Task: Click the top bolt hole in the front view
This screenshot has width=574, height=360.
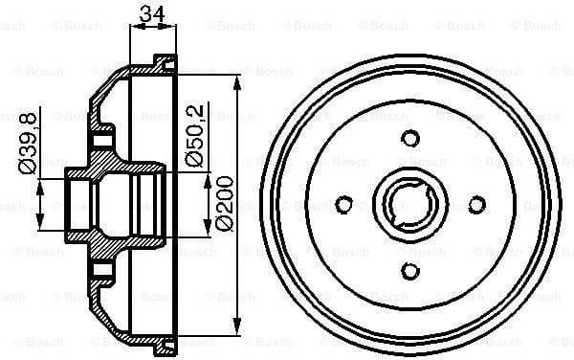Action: pyautogui.click(x=410, y=137)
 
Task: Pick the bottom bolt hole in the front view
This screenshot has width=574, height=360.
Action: pyautogui.click(x=410, y=270)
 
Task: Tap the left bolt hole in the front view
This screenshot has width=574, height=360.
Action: pyautogui.click(x=345, y=203)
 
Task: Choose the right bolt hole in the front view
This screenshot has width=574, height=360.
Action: pyautogui.click(x=476, y=203)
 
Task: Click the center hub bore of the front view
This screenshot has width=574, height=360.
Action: pyautogui.click(x=411, y=203)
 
